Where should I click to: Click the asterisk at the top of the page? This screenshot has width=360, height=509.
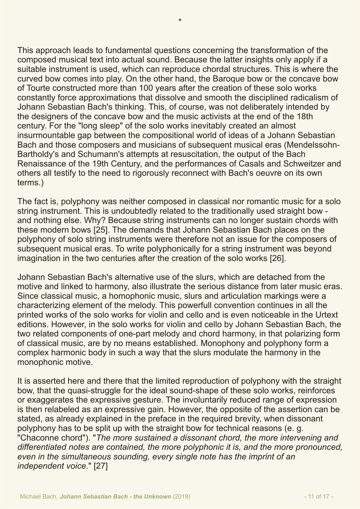[x=180, y=21]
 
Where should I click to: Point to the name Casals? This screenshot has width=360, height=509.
[x=249, y=164]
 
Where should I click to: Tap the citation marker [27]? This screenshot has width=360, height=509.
[x=101, y=466]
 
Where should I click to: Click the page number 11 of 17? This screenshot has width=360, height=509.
[x=318, y=497]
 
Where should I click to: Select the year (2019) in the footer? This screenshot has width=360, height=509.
[x=181, y=497]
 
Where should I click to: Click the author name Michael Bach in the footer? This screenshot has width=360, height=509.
[x=39, y=497]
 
